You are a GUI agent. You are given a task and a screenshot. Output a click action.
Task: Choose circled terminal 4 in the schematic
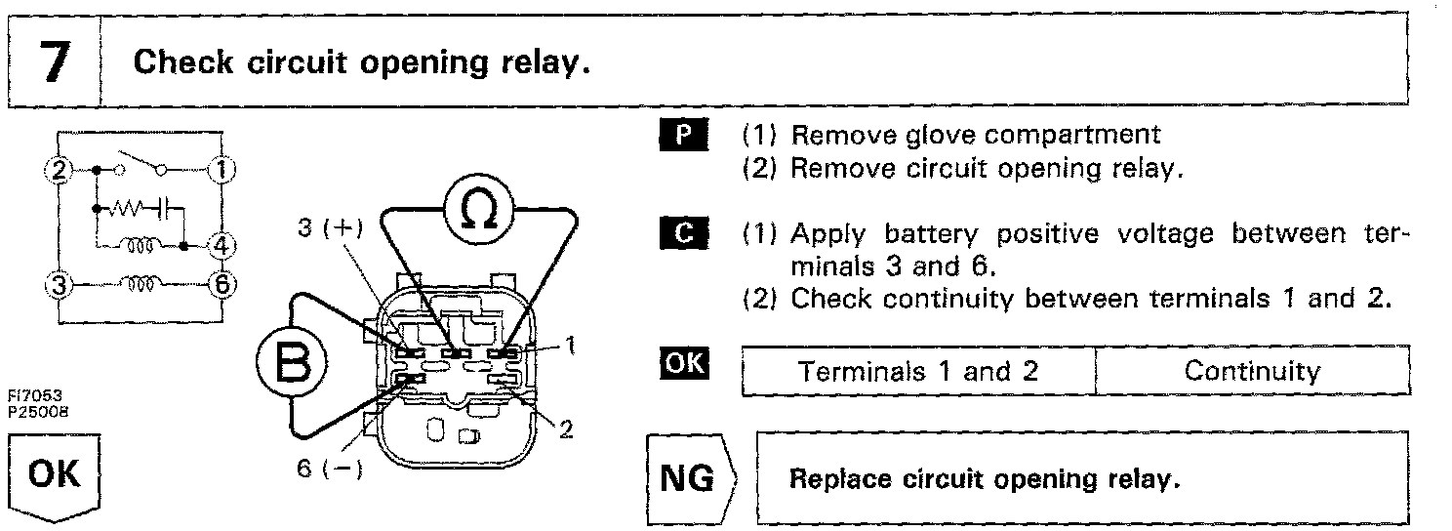222,243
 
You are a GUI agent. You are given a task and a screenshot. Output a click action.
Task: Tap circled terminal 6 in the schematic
222,285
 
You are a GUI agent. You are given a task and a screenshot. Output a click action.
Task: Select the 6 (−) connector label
330,469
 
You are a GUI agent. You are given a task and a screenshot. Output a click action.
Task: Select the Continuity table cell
1252,371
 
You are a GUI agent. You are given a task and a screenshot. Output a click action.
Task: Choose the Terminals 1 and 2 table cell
918,371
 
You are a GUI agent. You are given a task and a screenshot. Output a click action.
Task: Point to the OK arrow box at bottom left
55,476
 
